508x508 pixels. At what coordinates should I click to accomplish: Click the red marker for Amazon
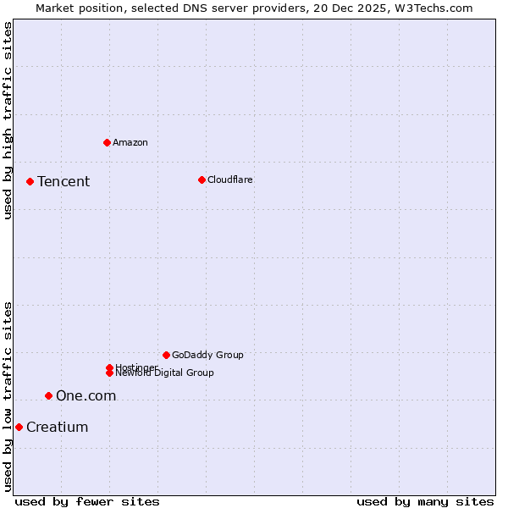[107, 142]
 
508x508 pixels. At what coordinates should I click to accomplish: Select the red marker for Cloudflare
[202, 179]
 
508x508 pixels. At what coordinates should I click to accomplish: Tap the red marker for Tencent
[30, 181]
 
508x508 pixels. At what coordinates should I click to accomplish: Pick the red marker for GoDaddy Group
[166, 355]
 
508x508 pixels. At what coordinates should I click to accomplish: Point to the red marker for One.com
[48, 395]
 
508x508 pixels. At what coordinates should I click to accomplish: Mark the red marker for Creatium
[19, 427]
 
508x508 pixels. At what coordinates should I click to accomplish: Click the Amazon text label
[130, 142]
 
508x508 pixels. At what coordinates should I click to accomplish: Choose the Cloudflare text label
[230, 179]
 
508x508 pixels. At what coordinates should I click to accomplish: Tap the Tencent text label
[63, 181]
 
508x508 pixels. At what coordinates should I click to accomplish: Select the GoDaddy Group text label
[207, 355]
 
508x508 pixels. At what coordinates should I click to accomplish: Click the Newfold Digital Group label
[165, 373]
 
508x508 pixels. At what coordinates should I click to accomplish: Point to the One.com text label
[86, 395]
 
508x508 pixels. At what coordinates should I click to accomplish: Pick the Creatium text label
[58, 427]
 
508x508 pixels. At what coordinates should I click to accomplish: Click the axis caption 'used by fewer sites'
[87, 501]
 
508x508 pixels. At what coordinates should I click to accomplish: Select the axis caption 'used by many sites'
[425, 501]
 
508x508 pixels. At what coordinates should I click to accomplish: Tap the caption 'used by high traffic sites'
[8, 121]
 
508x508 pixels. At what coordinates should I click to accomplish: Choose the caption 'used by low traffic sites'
[8, 396]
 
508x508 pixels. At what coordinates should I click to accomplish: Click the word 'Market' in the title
[55, 8]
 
